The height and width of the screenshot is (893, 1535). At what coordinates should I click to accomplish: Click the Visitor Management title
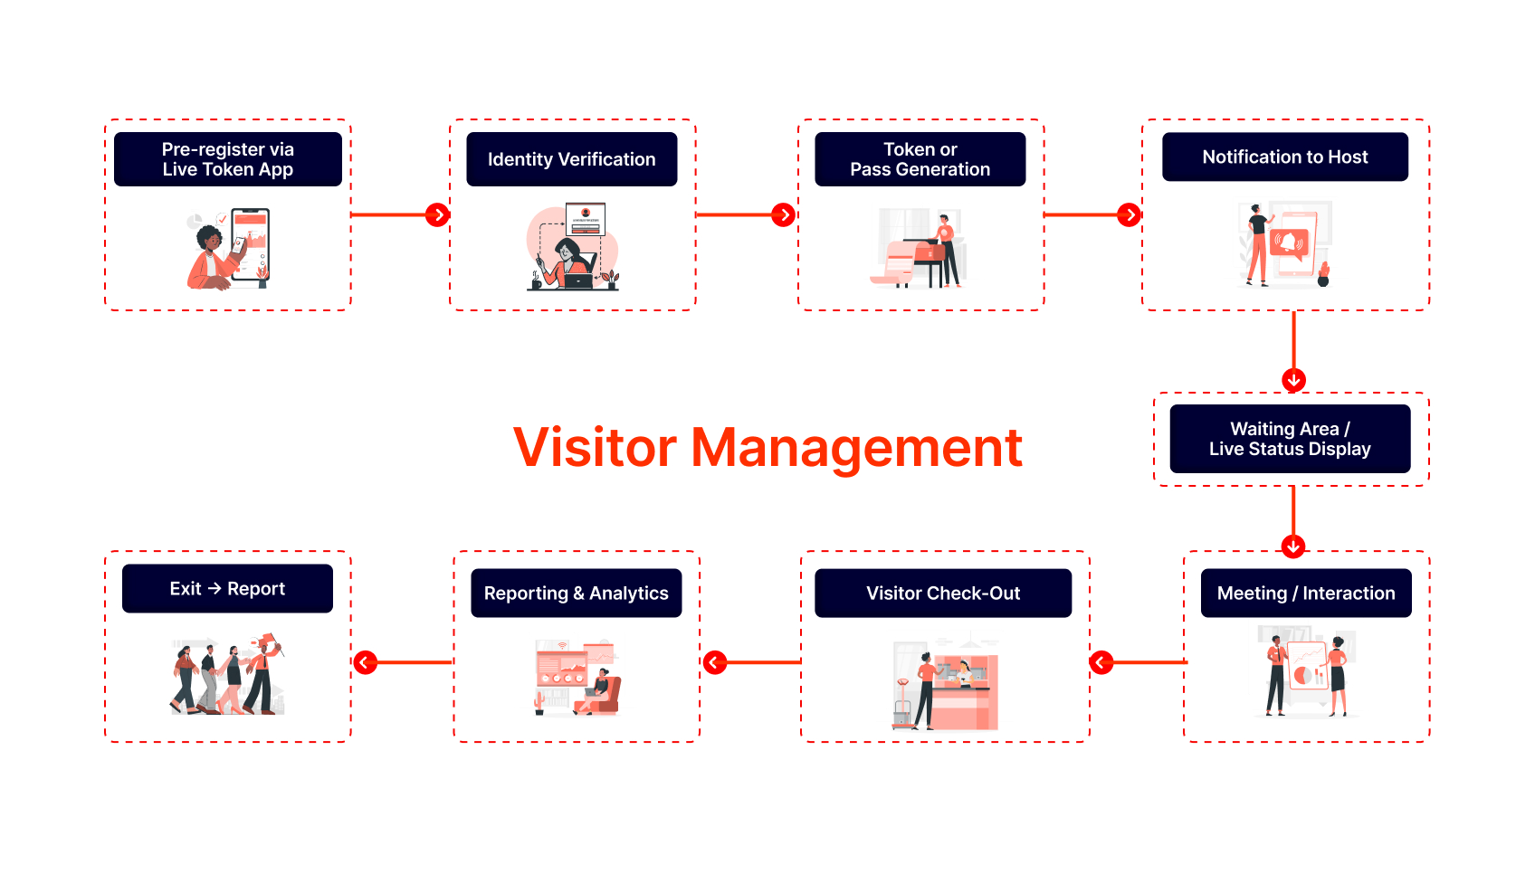pyautogui.click(x=767, y=447)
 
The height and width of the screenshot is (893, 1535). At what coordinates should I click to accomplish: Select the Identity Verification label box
pyautogui.click(x=571, y=159)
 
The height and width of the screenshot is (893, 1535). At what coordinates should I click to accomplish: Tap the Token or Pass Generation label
pyautogui.click(x=920, y=159)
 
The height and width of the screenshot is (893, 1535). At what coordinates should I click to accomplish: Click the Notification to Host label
pyautogui.click(x=1284, y=157)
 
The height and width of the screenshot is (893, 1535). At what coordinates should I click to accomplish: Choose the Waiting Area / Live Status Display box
pyautogui.click(x=1290, y=439)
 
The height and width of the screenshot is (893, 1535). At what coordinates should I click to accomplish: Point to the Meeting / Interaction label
pyautogui.click(x=1305, y=594)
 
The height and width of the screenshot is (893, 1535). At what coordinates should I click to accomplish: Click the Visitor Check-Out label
pyautogui.click(x=942, y=594)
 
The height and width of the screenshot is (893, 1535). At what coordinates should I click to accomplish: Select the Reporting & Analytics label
pyautogui.click(x=576, y=594)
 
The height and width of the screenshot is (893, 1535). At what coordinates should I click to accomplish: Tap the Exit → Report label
pyautogui.click(x=227, y=589)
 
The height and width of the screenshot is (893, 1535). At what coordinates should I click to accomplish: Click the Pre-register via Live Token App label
pyautogui.click(x=227, y=159)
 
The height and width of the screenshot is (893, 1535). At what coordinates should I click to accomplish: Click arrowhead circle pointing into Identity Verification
pyautogui.click(x=438, y=214)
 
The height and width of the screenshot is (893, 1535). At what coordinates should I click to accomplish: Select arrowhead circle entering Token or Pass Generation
pyautogui.click(x=783, y=214)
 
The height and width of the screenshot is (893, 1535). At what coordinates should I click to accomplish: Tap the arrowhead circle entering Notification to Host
pyautogui.click(x=1129, y=214)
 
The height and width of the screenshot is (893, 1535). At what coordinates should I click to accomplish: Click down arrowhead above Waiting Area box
pyautogui.click(x=1293, y=380)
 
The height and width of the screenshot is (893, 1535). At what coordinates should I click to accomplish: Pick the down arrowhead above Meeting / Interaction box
pyautogui.click(x=1293, y=546)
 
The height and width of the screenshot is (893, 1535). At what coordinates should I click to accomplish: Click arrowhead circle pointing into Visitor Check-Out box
pyautogui.click(x=1101, y=662)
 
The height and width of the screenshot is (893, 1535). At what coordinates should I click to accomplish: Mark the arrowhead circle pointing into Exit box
pyautogui.click(x=365, y=662)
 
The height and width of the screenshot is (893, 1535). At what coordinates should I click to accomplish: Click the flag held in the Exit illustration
pyautogui.click(x=269, y=641)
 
